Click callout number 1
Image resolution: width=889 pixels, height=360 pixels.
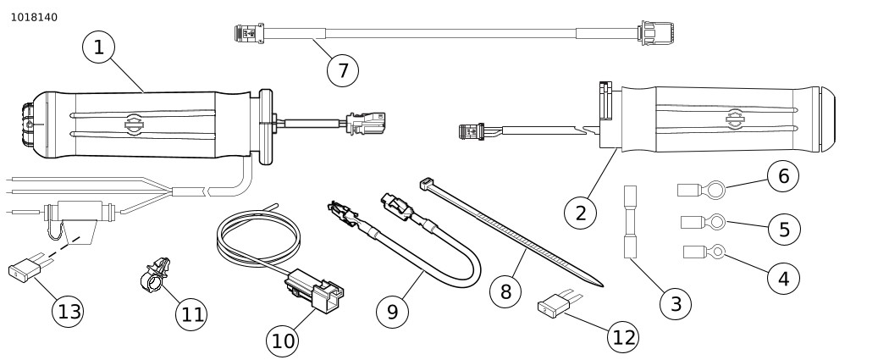pyautogui.click(x=99, y=47)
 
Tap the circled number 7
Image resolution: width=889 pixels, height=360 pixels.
pyautogui.click(x=343, y=70)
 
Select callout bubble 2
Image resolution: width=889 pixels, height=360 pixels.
pyautogui.click(x=580, y=213)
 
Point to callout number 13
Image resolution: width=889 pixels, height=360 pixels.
pyautogui.click(x=69, y=311)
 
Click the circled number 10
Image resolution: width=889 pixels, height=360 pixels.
pyautogui.click(x=283, y=341)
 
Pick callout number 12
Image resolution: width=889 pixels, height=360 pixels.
pyautogui.click(x=623, y=337)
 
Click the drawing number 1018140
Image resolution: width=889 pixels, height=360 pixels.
pyautogui.click(x=34, y=17)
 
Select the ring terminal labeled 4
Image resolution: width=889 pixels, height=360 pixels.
pyautogui.click(x=705, y=251)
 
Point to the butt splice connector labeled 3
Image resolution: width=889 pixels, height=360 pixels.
pyautogui.click(x=630, y=222)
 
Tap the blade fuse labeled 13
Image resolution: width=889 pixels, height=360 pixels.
pyautogui.click(x=25, y=272)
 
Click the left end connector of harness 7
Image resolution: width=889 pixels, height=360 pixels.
pyautogui.click(x=248, y=34)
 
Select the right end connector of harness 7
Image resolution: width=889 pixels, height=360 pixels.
pyautogui.click(x=656, y=33)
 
